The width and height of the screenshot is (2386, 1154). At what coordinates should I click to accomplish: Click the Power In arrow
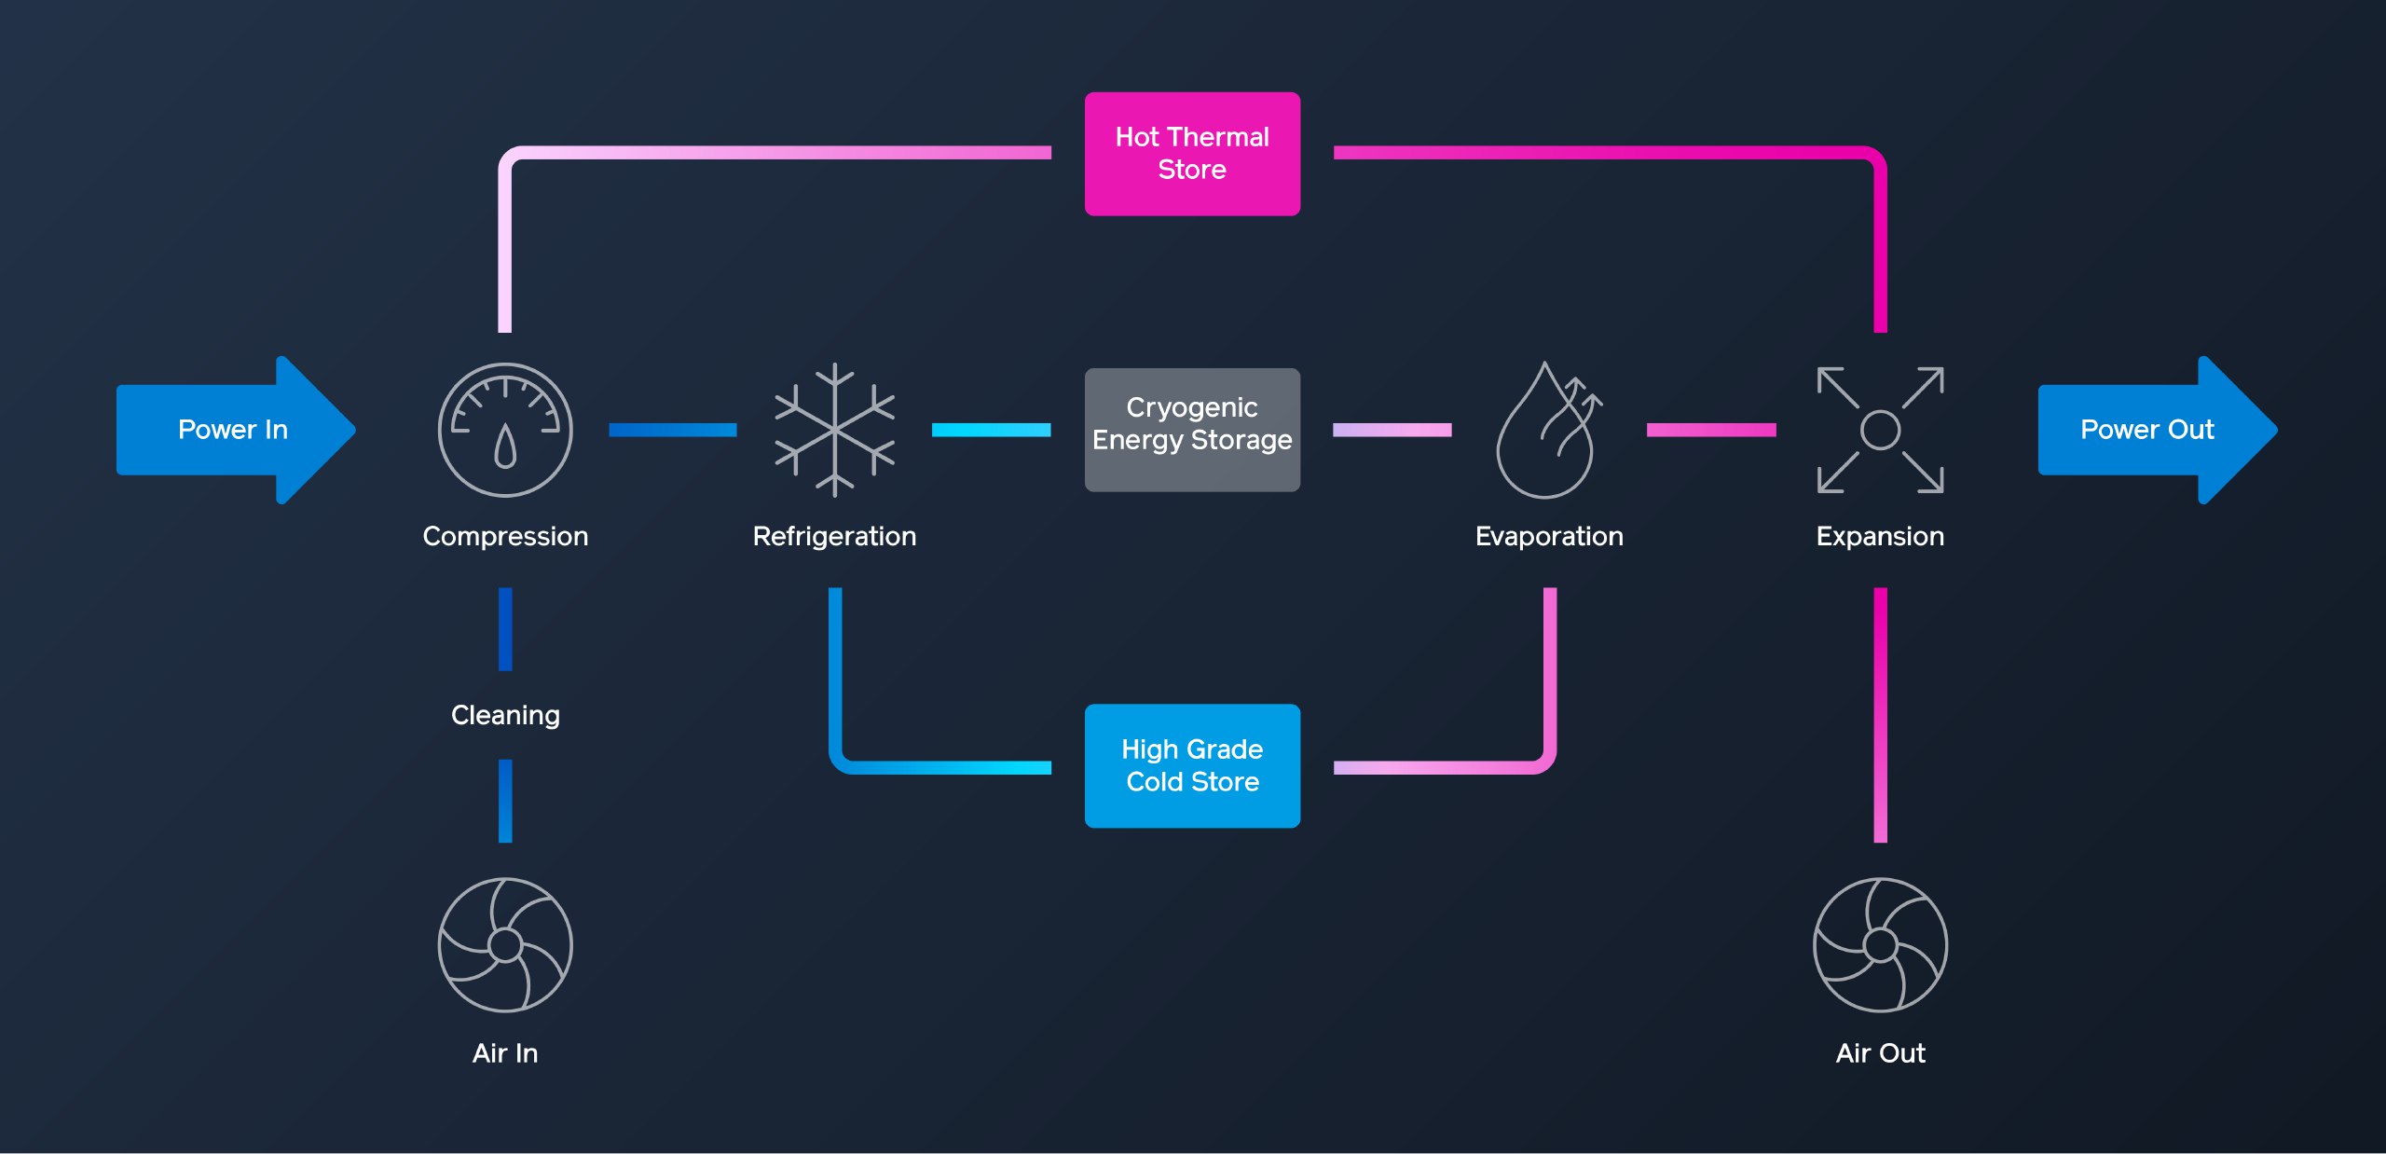click(x=233, y=430)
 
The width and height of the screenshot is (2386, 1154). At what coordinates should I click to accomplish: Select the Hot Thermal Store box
click(x=1192, y=154)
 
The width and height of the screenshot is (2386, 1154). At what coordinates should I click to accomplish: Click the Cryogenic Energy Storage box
click(x=1192, y=430)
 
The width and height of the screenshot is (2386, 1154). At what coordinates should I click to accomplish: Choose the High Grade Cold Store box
click(x=1192, y=765)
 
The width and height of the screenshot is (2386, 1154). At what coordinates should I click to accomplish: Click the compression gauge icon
click(x=505, y=430)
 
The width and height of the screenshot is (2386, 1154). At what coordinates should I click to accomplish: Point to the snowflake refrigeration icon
click(x=835, y=430)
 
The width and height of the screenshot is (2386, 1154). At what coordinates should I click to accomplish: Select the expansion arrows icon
click(x=1880, y=430)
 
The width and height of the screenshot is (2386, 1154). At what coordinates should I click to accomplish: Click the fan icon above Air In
click(x=505, y=944)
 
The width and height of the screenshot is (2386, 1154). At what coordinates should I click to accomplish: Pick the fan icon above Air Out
click(x=1880, y=944)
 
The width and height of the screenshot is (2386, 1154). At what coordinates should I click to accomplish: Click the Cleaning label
click(x=505, y=715)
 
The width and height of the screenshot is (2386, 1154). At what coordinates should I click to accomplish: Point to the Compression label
click(x=505, y=536)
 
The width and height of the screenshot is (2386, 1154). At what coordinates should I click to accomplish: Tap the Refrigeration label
click(x=835, y=536)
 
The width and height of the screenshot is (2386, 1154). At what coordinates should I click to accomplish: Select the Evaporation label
click(x=1549, y=536)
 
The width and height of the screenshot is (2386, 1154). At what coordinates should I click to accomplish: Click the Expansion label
click(x=1880, y=536)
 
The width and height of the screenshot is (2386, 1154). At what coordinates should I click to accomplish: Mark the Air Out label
click(x=1880, y=1053)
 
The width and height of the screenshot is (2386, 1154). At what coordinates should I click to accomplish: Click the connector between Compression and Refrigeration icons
click(x=672, y=430)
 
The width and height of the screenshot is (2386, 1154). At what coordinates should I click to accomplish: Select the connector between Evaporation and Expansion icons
click(x=1711, y=430)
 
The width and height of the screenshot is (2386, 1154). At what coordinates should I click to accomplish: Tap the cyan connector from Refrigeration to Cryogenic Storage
click(x=991, y=430)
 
